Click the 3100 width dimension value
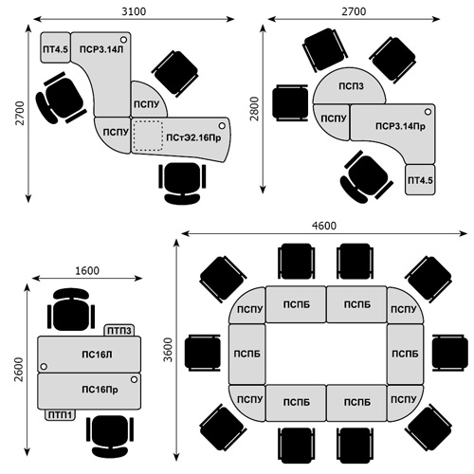tap(134, 11)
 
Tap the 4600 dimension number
tap(324, 226)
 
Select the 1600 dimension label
tap(87, 271)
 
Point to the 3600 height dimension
tap(169, 350)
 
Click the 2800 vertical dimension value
tap(254, 109)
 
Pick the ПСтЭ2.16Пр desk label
tap(193, 137)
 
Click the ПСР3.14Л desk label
tap(101, 49)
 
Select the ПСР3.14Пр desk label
tap(400, 126)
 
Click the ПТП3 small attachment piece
tap(119, 331)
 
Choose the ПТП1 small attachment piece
tap(60, 415)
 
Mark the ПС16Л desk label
tap(97, 355)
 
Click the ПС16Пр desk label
tap(100, 390)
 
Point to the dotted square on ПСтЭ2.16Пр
tap(148, 136)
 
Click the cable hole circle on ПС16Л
tap(44, 367)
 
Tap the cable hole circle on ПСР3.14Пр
tap(428, 112)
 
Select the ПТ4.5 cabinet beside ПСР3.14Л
tap(55, 47)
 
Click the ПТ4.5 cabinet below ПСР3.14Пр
tap(420, 179)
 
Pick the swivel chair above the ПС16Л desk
tap(71, 309)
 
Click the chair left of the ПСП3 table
tap(290, 102)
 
